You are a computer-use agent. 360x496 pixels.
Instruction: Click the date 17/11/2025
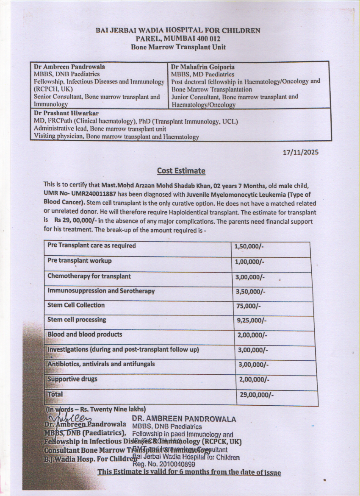(x=301, y=152)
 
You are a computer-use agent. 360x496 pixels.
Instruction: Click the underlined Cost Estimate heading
(x=181, y=171)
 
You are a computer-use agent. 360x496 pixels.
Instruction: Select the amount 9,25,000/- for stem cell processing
(x=252, y=320)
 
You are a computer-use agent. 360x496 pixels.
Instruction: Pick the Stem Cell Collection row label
(x=76, y=305)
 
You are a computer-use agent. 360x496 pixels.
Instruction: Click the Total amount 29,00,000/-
(x=257, y=395)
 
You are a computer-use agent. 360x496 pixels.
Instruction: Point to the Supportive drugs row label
(x=72, y=379)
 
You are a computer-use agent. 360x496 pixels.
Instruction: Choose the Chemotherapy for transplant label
(x=89, y=276)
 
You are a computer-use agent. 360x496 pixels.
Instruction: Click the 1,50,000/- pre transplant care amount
(x=249, y=246)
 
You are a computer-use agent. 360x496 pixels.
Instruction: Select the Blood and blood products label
(x=85, y=334)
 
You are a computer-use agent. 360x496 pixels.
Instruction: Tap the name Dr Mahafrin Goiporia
(x=203, y=67)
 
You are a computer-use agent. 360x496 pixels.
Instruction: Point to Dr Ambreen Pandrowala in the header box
(x=69, y=67)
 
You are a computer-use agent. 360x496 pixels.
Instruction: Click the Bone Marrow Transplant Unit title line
(x=178, y=47)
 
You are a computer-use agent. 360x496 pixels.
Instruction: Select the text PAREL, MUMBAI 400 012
(x=178, y=39)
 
